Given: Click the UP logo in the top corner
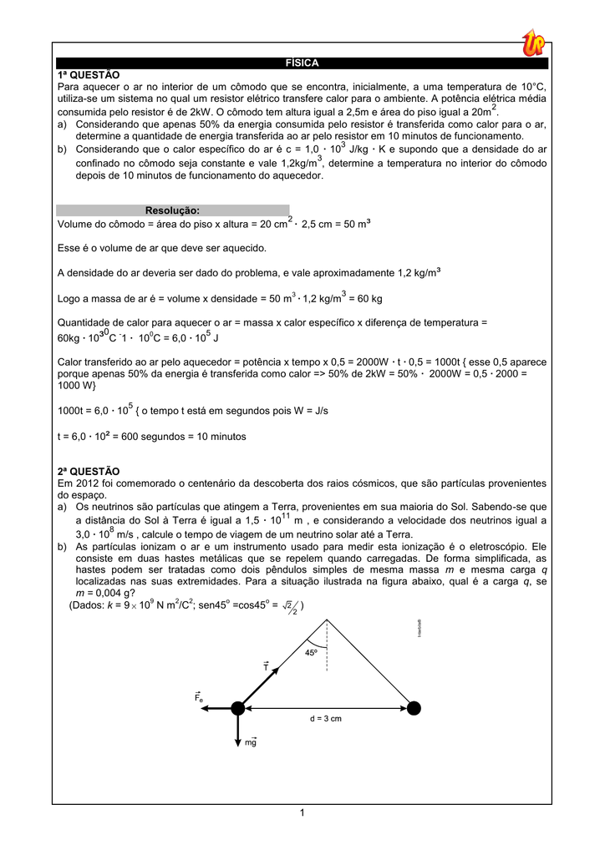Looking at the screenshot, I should (x=533, y=42).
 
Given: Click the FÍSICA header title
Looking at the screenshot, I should (x=302, y=63).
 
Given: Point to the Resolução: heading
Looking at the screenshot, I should (x=172, y=210).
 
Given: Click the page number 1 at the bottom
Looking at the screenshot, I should (x=302, y=814).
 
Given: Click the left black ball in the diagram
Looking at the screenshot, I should (x=238, y=709).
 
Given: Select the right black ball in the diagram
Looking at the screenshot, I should (x=414, y=709).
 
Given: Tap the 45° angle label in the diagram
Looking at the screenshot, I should (x=311, y=652).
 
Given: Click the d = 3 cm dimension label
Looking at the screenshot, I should (x=326, y=718).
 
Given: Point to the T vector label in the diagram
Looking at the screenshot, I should (x=266, y=666).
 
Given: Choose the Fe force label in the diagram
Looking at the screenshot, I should (x=199, y=697).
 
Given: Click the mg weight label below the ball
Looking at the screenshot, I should (x=251, y=741).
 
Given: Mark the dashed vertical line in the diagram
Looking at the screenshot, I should (x=327, y=647).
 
